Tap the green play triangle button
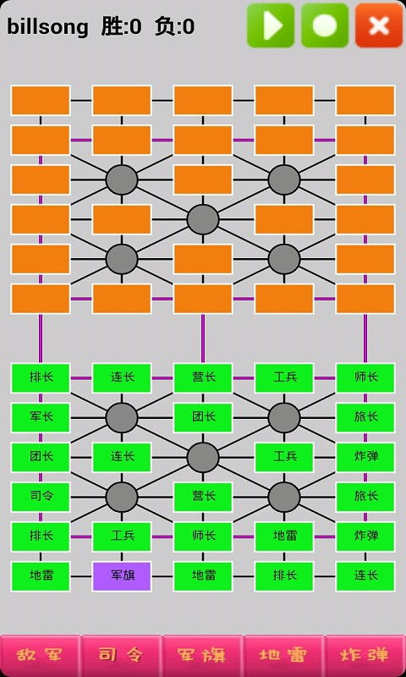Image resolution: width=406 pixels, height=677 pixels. click(271, 25)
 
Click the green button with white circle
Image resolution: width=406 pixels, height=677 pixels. click(325, 25)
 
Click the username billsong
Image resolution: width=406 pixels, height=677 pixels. click(47, 27)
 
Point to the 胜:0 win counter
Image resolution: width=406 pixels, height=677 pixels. click(121, 27)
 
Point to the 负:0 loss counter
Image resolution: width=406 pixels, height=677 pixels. click(174, 27)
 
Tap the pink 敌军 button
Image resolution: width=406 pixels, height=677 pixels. click(40, 655)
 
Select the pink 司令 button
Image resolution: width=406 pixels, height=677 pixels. click(121, 655)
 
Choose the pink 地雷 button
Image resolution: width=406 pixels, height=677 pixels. click(283, 655)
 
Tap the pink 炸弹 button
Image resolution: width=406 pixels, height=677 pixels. click(365, 655)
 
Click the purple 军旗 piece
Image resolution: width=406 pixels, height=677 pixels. click(122, 576)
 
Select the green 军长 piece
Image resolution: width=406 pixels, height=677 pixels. click(41, 417)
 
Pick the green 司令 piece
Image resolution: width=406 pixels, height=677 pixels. click(41, 497)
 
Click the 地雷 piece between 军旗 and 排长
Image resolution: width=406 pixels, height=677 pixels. click(203, 576)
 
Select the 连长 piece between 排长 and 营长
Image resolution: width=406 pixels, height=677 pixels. click(122, 377)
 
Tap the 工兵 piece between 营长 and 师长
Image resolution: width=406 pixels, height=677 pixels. click(284, 377)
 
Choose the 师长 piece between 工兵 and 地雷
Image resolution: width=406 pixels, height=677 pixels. click(203, 537)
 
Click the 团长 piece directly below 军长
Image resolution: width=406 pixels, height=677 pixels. click(41, 457)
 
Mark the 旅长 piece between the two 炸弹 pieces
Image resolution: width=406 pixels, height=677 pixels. click(365, 497)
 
